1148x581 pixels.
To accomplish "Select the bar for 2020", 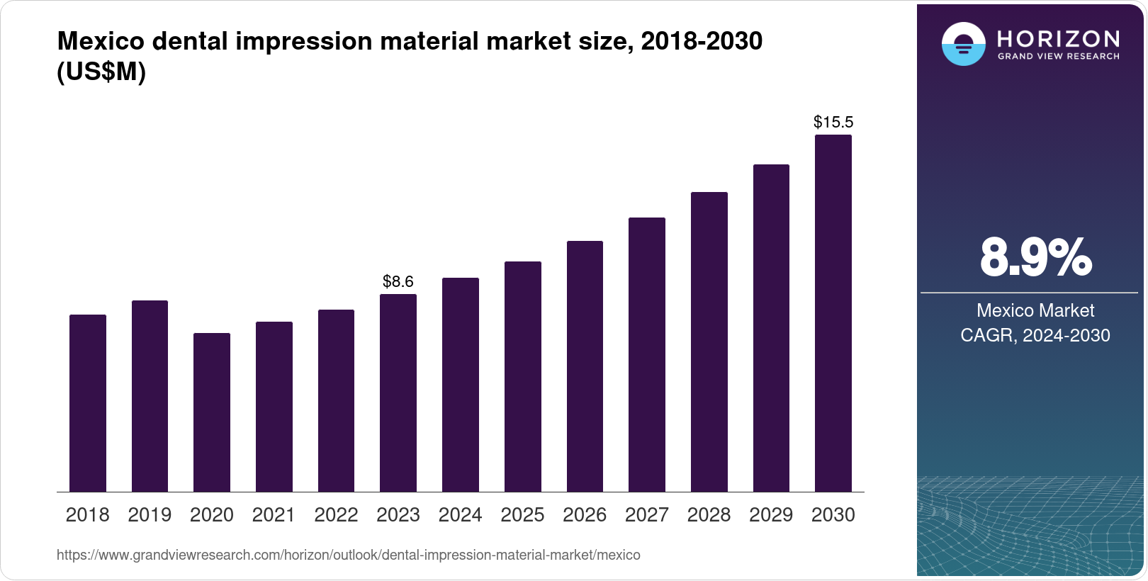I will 212,412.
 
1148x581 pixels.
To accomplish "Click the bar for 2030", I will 833,313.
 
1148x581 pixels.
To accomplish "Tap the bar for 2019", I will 150,396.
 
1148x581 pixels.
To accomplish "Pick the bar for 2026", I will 585,366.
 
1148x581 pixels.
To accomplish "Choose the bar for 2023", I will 398,393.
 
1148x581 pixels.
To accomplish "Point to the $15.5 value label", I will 833,122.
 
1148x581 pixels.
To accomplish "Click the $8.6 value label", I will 398,281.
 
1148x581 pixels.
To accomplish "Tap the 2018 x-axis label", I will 87,515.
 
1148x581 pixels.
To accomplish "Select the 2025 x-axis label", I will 522,515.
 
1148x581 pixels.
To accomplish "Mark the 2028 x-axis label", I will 709,515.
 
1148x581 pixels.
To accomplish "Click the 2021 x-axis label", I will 274,515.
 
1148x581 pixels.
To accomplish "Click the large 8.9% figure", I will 1035,258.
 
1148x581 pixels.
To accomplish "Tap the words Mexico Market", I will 1035,310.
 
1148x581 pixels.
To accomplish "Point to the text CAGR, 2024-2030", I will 1035,335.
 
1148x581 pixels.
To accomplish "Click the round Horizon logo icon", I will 963,44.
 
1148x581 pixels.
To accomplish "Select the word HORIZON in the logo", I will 1058,38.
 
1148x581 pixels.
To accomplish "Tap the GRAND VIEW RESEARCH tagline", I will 1058,57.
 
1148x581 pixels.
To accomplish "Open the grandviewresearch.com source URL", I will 348,555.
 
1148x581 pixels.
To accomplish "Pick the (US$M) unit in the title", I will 101,72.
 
